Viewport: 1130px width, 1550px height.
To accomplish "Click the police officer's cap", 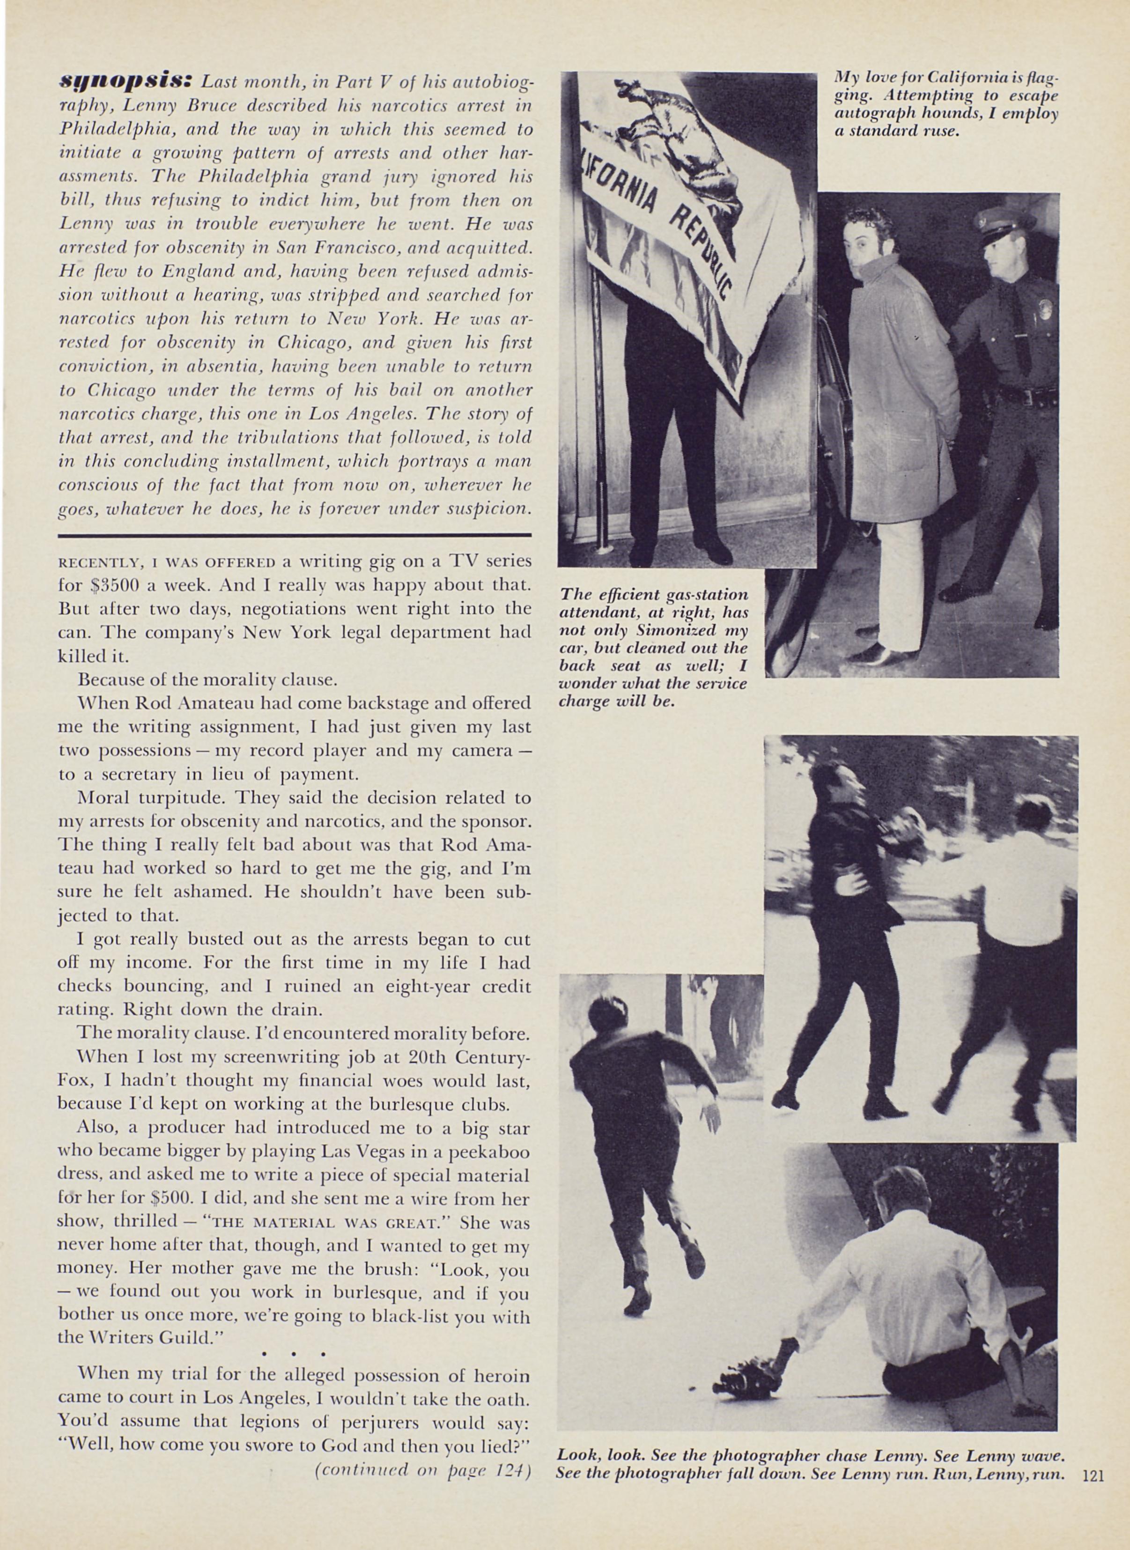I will click(x=999, y=220).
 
